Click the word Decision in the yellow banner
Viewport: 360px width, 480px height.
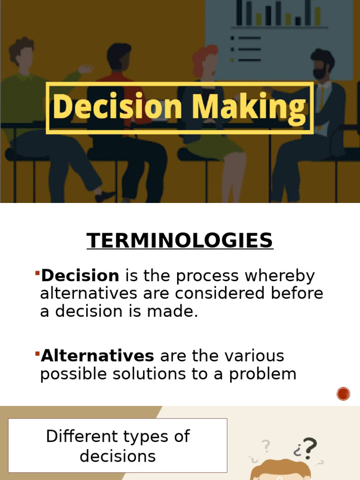(117, 107)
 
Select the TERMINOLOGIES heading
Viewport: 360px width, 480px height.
(180, 241)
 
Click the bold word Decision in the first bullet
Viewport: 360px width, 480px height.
(80, 276)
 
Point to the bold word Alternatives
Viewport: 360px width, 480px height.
(97, 356)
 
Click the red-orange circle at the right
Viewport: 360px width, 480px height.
(344, 394)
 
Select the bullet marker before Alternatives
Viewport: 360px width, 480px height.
(37, 352)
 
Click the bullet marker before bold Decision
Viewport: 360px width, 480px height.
(37, 272)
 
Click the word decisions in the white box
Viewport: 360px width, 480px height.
(118, 456)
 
